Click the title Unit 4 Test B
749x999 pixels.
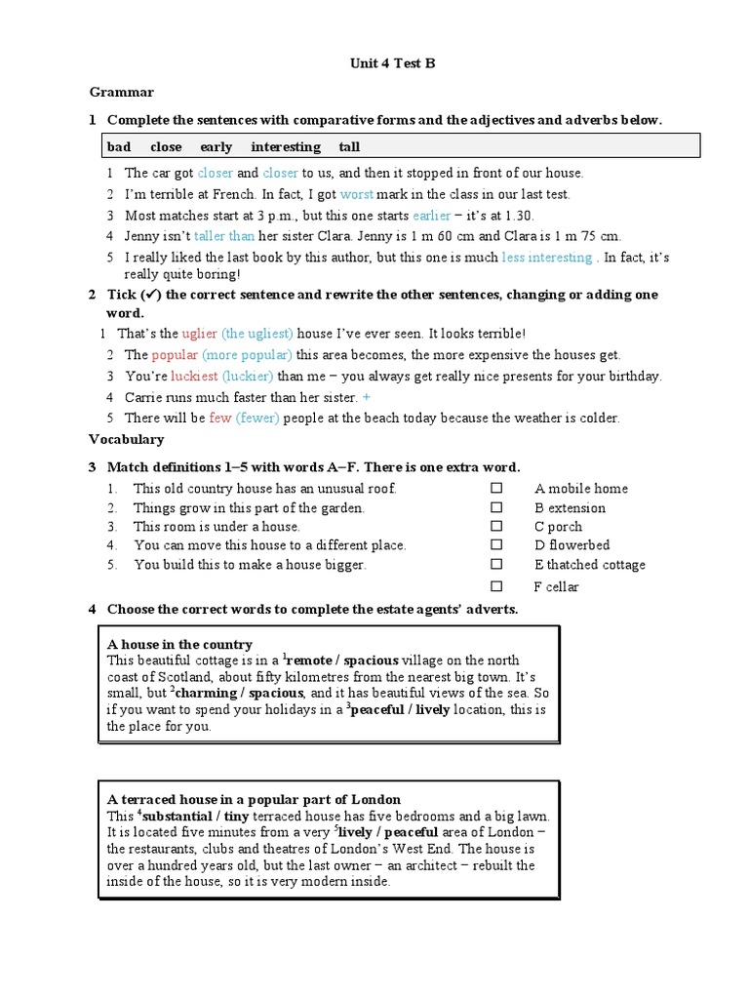(392, 63)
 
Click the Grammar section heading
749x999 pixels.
(121, 92)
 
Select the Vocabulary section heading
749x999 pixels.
(127, 439)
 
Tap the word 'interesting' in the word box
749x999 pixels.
(285, 147)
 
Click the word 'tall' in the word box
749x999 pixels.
(349, 147)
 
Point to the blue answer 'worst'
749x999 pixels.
(357, 194)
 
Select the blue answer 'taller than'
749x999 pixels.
(224, 236)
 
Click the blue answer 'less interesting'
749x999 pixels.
(547, 258)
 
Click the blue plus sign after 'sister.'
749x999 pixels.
(367, 397)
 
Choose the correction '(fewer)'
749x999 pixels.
(257, 418)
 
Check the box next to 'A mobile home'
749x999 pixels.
(496, 488)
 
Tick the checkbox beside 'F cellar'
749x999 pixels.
(496, 586)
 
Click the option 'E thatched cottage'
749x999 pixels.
(589, 565)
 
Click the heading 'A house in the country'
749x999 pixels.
(179, 644)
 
